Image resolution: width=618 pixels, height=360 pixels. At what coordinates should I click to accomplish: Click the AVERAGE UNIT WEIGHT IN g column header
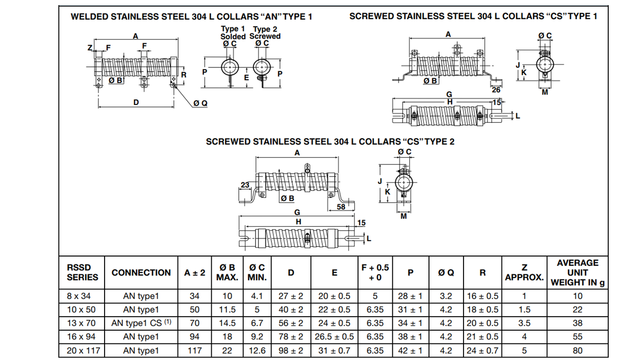tap(578, 272)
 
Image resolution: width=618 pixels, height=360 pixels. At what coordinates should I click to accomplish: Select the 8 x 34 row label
tap(77, 296)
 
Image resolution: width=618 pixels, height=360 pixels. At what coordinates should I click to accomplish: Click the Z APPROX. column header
tap(524, 272)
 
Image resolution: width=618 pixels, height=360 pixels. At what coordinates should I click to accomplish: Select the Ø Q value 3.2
tap(446, 296)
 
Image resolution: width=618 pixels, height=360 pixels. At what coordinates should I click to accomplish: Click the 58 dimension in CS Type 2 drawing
tap(341, 207)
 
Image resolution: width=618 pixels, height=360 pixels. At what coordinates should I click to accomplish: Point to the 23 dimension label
tap(245, 185)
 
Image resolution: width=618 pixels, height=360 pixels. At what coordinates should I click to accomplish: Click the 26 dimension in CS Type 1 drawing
tap(496, 90)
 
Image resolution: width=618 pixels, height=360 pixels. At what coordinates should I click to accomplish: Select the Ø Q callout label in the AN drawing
tap(200, 104)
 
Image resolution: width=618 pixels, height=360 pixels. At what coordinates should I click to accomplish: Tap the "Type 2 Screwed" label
tap(265, 33)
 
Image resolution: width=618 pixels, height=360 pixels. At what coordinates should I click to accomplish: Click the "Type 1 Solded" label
tap(233, 33)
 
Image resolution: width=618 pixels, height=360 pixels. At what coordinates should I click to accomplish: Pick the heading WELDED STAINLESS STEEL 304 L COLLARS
tap(191, 16)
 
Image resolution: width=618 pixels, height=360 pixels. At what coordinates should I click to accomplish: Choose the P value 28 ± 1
tap(410, 296)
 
